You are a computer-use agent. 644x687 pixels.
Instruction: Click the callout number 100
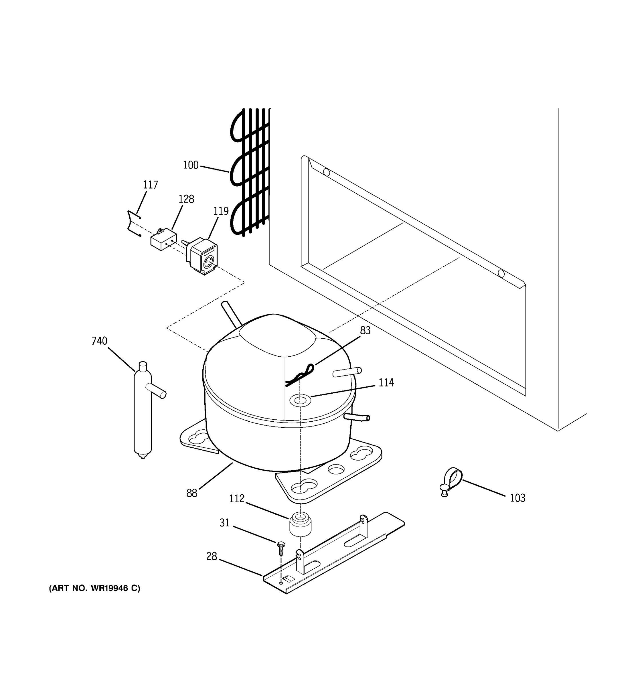coord(190,165)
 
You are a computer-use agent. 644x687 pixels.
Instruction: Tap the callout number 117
coord(150,185)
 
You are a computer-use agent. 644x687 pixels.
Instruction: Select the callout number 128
coord(186,199)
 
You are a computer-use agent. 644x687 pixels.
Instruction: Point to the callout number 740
coord(100,341)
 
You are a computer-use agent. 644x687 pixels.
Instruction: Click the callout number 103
coord(517,498)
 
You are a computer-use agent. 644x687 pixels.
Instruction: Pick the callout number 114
coord(386,382)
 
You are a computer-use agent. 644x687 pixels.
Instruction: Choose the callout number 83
coord(365,331)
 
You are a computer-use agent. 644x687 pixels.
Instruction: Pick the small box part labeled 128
coord(163,239)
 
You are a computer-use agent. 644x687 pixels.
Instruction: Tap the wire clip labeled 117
coord(133,224)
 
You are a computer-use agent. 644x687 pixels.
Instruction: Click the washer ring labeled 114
coord(300,400)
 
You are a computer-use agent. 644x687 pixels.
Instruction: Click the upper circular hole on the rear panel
coord(326,172)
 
